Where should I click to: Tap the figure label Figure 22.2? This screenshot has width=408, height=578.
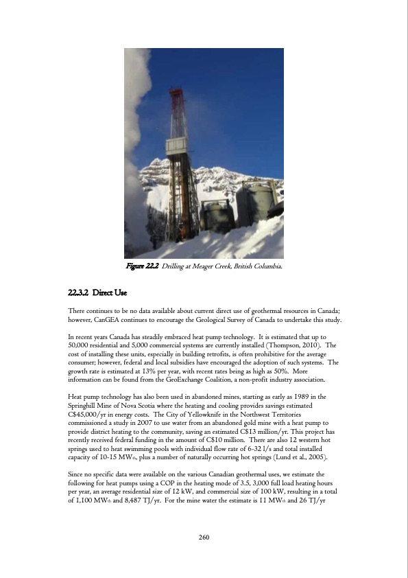tap(142, 266)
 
